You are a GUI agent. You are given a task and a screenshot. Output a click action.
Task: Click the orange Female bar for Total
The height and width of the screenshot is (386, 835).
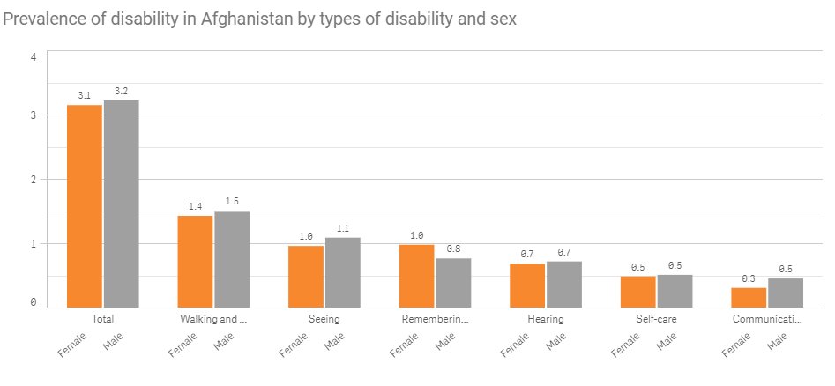(x=85, y=205)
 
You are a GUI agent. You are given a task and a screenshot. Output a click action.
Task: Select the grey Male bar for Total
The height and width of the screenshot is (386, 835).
(x=122, y=204)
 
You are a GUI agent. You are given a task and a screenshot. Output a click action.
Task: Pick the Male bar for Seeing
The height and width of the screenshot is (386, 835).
(x=343, y=272)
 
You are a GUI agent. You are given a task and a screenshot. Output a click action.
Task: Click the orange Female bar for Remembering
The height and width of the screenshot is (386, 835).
(x=417, y=276)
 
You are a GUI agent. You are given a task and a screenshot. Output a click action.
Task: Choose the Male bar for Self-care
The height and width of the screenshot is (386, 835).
(x=675, y=291)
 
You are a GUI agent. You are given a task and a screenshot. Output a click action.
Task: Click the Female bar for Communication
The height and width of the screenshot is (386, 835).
(x=749, y=297)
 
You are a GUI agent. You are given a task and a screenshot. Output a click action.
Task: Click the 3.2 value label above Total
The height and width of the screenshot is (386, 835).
(x=122, y=90)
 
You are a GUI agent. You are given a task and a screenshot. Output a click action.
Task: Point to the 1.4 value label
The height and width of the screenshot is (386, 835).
(x=195, y=206)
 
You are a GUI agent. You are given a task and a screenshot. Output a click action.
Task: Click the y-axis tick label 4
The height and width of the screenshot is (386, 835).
(x=34, y=57)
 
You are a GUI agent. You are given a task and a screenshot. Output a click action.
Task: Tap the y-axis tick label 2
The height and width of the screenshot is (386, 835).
(x=34, y=179)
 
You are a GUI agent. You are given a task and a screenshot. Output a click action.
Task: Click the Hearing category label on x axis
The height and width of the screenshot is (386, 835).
(x=546, y=319)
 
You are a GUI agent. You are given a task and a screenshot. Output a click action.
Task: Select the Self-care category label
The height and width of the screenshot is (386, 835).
(x=656, y=319)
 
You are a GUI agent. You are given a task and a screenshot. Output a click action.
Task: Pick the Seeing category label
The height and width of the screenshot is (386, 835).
(x=324, y=319)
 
